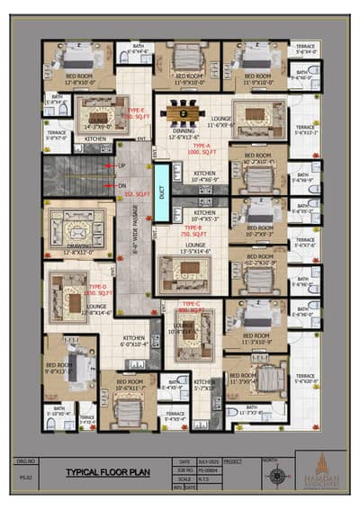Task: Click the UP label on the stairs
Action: pos(122,166)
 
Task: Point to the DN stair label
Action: pos(122,185)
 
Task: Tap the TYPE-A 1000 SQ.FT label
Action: pos(197,149)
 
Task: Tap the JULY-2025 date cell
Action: pos(208,460)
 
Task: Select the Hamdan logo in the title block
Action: pos(319,469)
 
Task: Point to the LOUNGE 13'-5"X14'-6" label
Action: pos(195,247)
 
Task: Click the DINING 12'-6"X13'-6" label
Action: pos(184,135)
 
